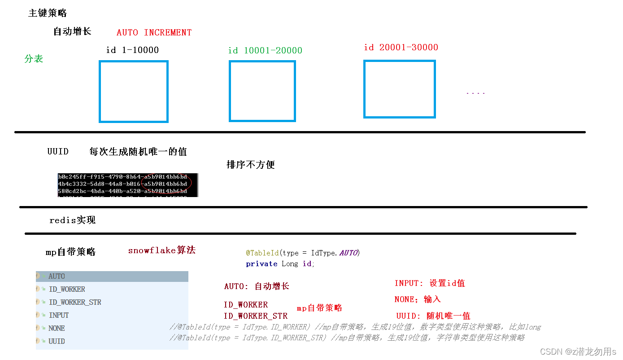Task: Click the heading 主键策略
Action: [x=48, y=13]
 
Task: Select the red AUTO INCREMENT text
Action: [x=154, y=32]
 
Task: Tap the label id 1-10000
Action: [x=132, y=50]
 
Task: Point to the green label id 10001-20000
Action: [x=265, y=50]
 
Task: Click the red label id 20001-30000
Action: [x=401, y=47]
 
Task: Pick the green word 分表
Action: [x=34, y=59]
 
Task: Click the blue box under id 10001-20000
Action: [x=262, y=91]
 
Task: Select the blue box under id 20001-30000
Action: [x=399, y=89]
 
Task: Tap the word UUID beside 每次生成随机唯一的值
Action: [x=58, y=151]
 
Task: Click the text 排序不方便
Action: [x=251, y=165]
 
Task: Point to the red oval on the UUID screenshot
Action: [x=166, y=182]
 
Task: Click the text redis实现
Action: [x=72, y=220]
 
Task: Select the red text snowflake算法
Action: [x=162, y=250]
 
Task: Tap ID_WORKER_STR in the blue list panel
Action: [x=75, y=302]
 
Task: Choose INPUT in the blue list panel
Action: [x=59, y=315]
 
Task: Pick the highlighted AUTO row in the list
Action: [x=57, y=276]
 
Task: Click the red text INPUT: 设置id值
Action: [x=430, y=283]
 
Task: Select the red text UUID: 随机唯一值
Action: [x=433, y=316]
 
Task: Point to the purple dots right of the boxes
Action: [x=475, y=93]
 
